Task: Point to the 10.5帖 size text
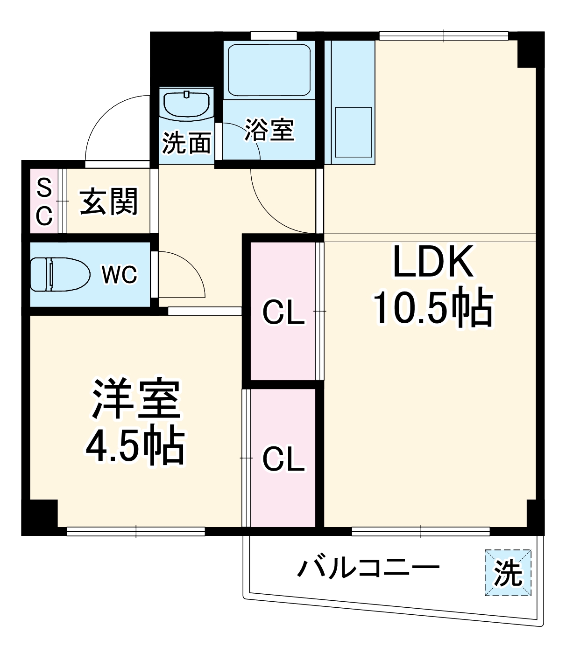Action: tap(432, 308)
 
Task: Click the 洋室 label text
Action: tap(136, 399)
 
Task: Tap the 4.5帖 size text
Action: tap(135, 445)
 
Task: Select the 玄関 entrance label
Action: tap(109, 201)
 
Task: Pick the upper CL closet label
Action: tap(283, 312)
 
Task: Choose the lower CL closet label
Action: tap(283, 459)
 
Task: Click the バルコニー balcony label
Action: tap(369, 568)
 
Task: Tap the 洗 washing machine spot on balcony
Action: tap(508, 573)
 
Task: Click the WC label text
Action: tap(120, 275)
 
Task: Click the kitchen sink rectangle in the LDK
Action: tap(354, 132)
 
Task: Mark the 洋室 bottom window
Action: tap(136, 531)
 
